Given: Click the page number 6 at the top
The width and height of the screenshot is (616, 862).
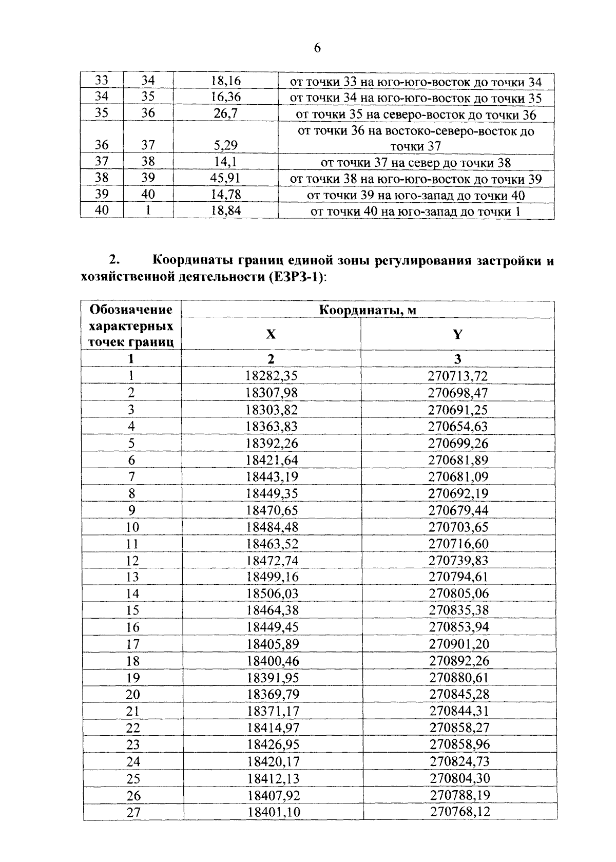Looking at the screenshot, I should [x=317, y=48].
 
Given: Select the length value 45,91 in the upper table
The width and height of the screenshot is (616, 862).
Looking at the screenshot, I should [x=226, y=179].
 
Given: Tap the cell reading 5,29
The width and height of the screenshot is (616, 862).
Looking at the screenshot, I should [x=226, y=146].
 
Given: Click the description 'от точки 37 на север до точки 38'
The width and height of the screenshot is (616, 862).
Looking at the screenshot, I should [x=416, y=163].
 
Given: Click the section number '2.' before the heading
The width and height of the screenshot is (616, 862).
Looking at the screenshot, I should [x=114, y=260].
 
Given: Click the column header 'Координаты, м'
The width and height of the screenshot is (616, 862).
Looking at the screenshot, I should [x=368, y=310].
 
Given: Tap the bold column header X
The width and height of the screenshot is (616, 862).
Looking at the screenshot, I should [x=271, y=334].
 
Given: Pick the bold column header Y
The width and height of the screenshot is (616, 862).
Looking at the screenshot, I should [x=457, y=334].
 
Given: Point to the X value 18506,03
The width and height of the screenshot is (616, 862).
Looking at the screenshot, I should [x=272, y=593].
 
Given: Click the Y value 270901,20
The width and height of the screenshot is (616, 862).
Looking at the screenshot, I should [x=459, y=644].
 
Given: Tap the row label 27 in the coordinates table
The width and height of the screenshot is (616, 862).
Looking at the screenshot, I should [x=133, y=812].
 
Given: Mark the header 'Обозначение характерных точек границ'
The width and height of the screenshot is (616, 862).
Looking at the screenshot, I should [x=131, y=326].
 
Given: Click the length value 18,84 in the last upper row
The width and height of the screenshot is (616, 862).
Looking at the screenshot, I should [x=226, y=211].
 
